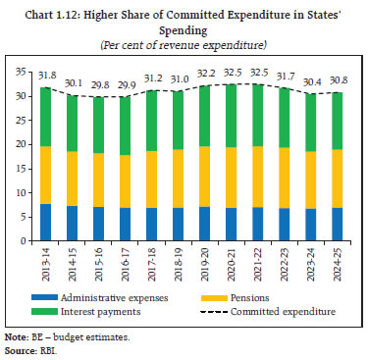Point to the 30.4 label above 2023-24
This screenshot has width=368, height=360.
[x=307, y=80]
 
